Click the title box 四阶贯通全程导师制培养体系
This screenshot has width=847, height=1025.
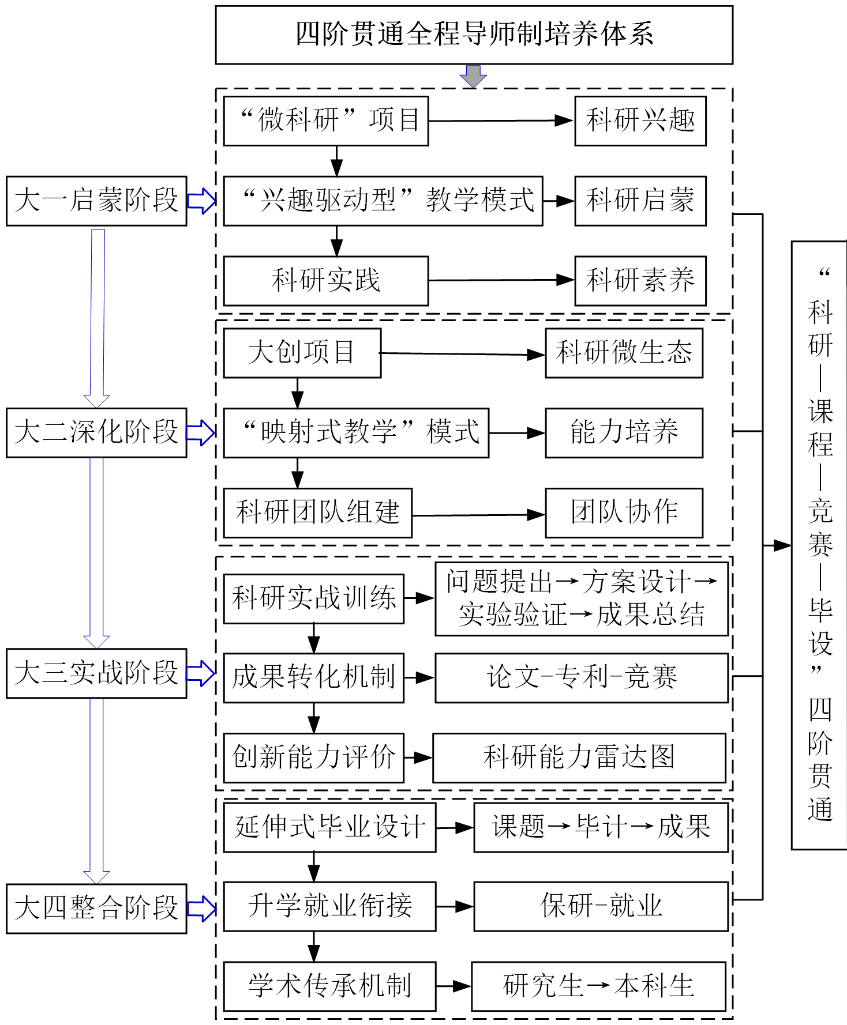coord(474,35)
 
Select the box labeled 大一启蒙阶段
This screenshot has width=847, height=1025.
coord(96,201)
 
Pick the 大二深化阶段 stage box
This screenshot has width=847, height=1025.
coord(96,432)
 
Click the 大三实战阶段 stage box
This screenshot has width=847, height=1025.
coord(96,673)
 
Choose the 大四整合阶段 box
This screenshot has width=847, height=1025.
coord(96,909)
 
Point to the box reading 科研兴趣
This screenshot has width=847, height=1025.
coord(640,121)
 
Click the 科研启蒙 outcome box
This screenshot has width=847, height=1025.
coord(640,201)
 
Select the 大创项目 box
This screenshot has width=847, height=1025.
coord(302,353)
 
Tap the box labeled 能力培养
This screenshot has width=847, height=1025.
coord(624,432)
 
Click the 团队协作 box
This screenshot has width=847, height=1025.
coord(624,512)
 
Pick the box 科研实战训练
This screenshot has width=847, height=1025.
coord(313,598)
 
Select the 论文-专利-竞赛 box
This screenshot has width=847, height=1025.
coord(581,677)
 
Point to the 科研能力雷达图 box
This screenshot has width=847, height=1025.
coord(579,758)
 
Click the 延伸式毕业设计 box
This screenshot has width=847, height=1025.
coord(329,827)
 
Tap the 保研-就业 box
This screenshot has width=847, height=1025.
coord(601,906)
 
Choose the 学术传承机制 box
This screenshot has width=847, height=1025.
coord(329,986)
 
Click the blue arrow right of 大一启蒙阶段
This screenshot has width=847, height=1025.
coord(201,201)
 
